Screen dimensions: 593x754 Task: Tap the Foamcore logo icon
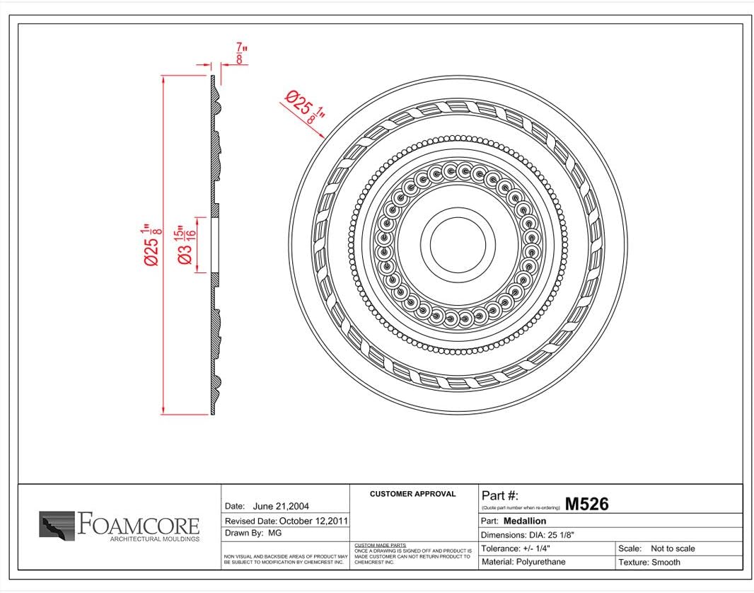click(57, 526)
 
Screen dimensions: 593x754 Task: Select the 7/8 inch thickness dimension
click(241, 54)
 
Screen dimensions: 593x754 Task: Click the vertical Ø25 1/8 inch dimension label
click(151, 245)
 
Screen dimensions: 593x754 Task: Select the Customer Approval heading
click(413, 494)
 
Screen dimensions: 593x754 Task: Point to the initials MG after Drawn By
click(275, 534)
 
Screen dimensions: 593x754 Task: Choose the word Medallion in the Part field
click(525, 521)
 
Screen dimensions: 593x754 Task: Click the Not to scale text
click(673, 548)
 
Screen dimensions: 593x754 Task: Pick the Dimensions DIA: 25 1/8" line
click(528, 535)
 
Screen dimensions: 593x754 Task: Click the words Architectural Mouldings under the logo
click(154, 539)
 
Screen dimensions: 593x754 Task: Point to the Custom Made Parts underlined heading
click(376, 545)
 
